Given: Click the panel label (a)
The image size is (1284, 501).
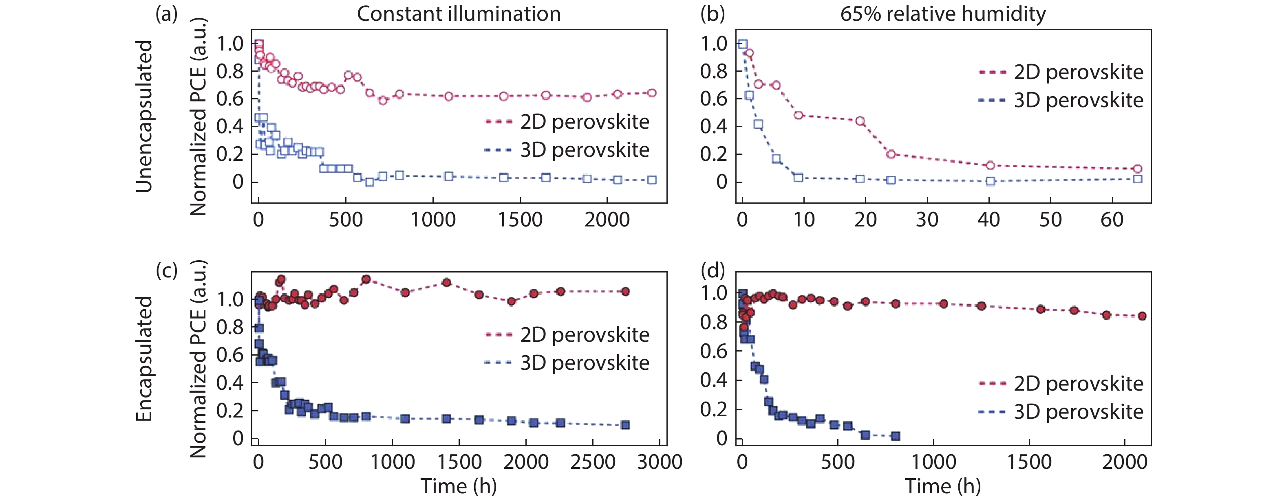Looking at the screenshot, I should coord(166,14).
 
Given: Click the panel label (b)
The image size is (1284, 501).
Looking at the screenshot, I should coord(712,14).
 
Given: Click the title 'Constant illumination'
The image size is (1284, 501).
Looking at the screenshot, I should coord(459,14).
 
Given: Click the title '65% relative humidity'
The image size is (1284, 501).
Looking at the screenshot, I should coord(942,14).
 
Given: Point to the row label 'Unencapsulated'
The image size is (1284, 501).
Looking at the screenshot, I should coord(145,116).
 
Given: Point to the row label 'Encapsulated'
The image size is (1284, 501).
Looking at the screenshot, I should coord(145,358).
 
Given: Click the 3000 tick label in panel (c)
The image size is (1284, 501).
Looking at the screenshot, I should coord(660,462).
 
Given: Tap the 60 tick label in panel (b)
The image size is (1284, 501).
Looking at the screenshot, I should coord(1112,220).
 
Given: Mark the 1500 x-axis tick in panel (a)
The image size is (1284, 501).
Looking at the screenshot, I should coord(520,220).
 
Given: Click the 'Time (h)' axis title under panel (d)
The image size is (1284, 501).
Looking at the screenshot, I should coord(942,486).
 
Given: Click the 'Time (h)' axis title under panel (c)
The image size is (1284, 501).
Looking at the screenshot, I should coord(459,486).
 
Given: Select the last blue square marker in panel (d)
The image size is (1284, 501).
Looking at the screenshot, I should coord(895,436).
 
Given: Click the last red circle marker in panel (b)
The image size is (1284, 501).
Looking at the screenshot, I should coord(1137,169).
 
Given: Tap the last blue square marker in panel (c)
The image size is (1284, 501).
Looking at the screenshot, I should coord(625,425).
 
